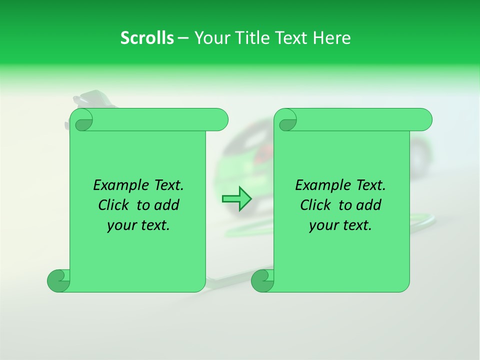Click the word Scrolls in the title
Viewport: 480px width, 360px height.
click(x=147, y=38)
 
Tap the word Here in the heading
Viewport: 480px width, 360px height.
click(x=331, y=38)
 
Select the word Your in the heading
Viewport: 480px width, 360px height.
click(x=210, y=38)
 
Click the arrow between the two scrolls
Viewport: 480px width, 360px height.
click(x=236, y=199)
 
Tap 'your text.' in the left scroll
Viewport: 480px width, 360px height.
click(x=138, y=225)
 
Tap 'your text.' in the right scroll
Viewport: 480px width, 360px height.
click(x=340, y=225)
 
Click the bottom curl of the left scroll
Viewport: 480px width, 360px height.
click(x=58, y=280)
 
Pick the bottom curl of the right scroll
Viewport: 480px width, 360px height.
click(x=262, y=280)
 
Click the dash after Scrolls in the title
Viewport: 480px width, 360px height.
click(x=183, y=38)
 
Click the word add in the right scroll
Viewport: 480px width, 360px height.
click(x=367, y=205)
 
